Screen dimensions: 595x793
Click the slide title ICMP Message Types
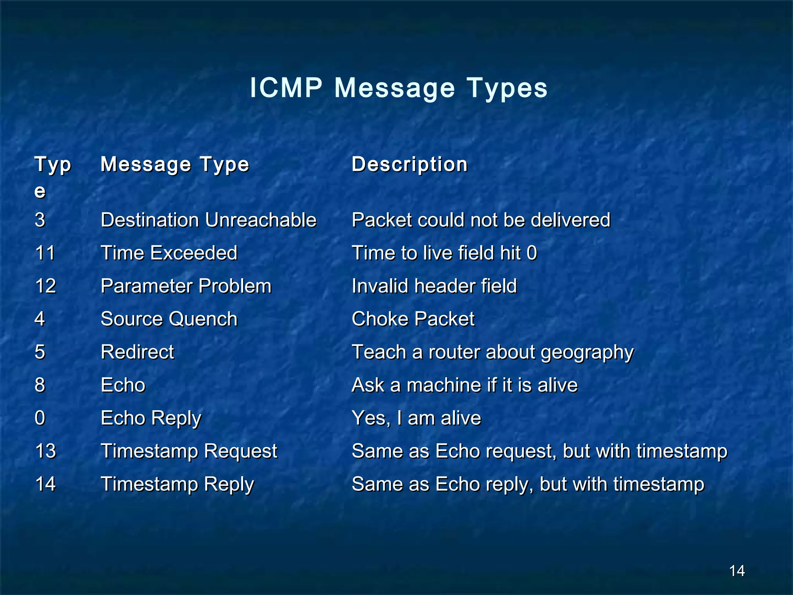click(398, 88)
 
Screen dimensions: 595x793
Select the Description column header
click(410, 164)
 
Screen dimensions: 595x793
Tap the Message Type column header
click(175, 164)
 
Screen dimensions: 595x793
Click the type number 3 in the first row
click(40, 220)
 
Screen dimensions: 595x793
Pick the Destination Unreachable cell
click(208, 220)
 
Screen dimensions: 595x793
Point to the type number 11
click(45, 253)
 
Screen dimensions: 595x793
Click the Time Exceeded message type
click(169, 253)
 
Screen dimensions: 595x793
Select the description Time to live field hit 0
click(444, 253)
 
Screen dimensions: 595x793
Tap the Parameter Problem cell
click(186, 286)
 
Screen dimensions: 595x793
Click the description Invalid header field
click(434, 286)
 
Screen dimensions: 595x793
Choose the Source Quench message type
click(169, 319)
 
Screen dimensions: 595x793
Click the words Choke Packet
click(413, 319)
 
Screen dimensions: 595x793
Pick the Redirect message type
click(137, 352)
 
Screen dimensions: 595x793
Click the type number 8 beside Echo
click(40, 385)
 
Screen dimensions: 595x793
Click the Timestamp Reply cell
click(177, 484)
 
